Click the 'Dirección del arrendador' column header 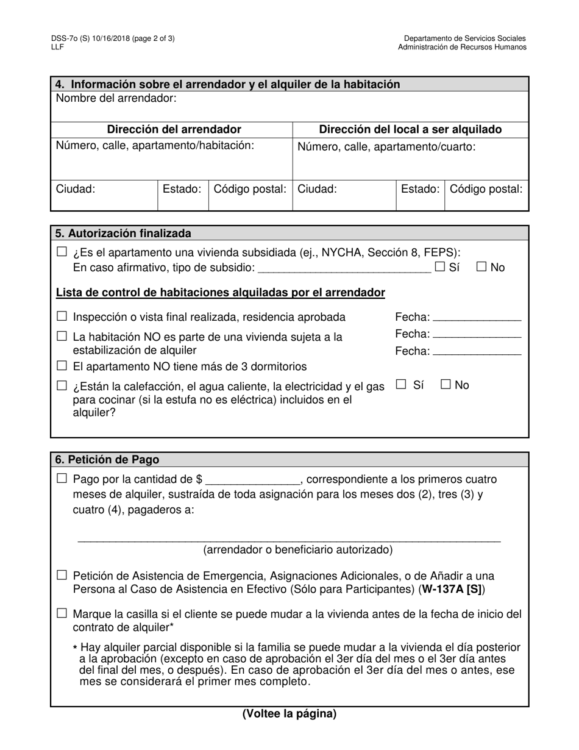point(174,129)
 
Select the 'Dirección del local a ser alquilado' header point(410,129)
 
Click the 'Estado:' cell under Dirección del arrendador point(182,189)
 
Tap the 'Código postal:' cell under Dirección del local point(486,189)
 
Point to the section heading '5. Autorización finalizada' point(123,234)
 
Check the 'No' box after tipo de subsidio point(481,267)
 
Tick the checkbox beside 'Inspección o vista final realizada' point(62,316)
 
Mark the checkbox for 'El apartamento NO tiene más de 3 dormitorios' point(62,366)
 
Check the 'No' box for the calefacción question point(446,384)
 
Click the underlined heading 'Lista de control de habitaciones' point(220,293)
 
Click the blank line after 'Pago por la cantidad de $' point(252,480)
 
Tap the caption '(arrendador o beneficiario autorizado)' point(298,550)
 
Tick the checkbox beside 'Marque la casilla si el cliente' point(62,614)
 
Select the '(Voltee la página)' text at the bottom point(289,713)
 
